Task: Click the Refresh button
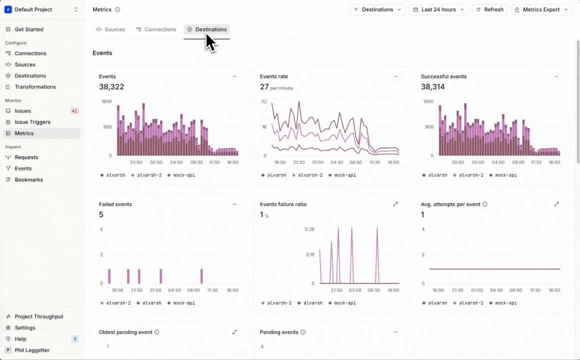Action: coord(489,9)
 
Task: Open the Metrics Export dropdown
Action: coord(541,9)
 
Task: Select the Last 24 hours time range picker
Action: coord(438,9)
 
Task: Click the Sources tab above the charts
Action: coord(110,29)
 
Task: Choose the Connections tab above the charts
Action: coord(156,29)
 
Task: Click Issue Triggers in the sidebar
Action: coord(32,122)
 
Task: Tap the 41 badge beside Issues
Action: coord(74,111)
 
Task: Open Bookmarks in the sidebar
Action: coord(28,179)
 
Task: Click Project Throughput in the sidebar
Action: coord(39,316)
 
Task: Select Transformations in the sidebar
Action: coord(35,87)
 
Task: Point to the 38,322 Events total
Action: coord(111,87)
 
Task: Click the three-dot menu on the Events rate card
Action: coord(395,76)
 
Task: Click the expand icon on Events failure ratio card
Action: coord(395,204)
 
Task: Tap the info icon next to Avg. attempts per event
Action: coord(485,204)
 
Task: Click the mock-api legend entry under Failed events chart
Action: coord(181,303)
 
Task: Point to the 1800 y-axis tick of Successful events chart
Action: coord(428,101)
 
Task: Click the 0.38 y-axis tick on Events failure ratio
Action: coord(309,229)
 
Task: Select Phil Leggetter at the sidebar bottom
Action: coord(32,350)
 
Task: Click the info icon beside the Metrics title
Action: coord(117,9)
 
